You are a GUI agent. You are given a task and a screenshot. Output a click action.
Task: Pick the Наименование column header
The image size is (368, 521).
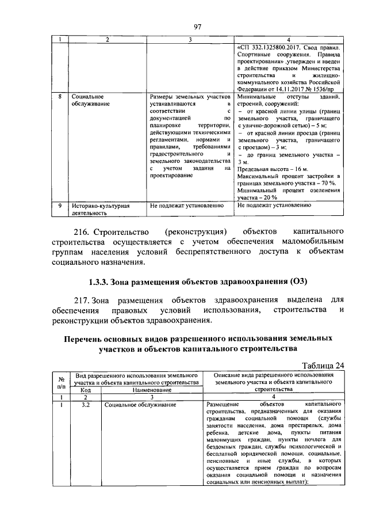151,390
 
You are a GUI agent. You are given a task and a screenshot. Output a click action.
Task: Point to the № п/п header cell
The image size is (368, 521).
60,382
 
